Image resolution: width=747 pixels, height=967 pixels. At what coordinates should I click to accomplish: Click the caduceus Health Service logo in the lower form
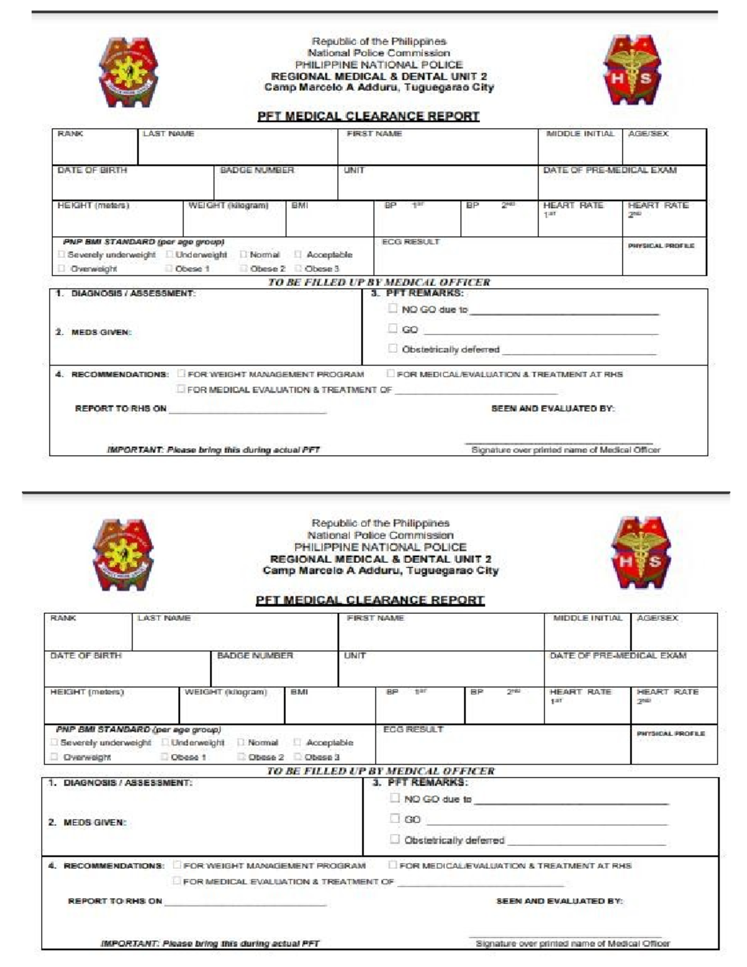click(641, 552)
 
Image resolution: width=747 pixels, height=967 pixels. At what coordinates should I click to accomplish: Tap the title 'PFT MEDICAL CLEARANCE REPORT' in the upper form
click(369, 116)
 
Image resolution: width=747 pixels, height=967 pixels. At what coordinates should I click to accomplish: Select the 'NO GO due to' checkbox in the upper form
click(393, 308)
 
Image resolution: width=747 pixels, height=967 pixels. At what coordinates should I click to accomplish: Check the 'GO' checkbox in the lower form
click(395, 818)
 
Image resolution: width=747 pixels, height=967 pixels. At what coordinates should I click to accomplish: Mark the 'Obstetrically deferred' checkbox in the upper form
click(393, 349)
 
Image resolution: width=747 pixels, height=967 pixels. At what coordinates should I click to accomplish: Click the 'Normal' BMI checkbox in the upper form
click(244, 254)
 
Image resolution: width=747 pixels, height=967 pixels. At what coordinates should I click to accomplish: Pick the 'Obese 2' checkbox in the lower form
click(242, 757)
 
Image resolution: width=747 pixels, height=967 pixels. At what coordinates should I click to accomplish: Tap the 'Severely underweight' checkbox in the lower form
click(54, 742)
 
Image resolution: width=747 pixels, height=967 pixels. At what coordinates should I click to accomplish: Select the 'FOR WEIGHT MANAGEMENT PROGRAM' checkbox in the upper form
click(181, 374)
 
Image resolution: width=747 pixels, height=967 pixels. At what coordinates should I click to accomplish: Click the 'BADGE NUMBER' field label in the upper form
click(256, 170)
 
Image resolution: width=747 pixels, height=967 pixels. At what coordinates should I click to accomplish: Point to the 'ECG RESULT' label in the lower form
click(413, 729)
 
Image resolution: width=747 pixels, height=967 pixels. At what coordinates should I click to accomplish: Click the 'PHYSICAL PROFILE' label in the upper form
click(660, 246)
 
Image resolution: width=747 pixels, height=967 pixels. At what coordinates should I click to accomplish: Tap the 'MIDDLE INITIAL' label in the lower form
click(587, 618)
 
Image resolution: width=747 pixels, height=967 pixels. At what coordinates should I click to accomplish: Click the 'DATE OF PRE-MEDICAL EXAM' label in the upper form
click(609, 170)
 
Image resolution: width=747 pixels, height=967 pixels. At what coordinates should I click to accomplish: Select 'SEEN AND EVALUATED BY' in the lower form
click(559, 901)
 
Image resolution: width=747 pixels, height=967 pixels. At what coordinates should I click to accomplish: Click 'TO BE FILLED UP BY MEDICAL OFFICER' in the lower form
click(380, 771)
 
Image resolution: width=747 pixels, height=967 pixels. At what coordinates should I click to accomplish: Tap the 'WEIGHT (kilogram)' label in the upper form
click(228, 205)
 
